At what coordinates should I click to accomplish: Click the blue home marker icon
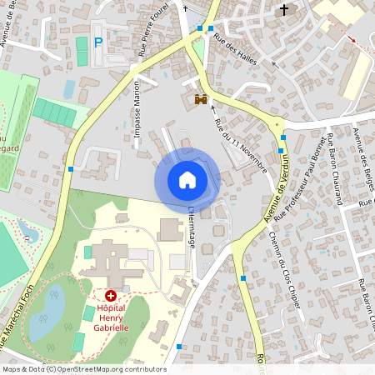[187, 179]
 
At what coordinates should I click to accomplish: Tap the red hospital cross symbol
[110, 296]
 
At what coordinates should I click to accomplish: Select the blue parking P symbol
[98, 42]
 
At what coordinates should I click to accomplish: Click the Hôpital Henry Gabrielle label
[110, 317]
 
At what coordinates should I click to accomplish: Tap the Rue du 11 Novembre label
[240, 146]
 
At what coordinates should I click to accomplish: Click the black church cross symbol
[286, 10]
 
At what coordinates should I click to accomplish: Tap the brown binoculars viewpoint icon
[200, 99]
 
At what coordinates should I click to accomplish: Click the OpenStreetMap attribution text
[83, 369]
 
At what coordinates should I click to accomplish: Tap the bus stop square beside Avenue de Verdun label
[283, 137]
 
